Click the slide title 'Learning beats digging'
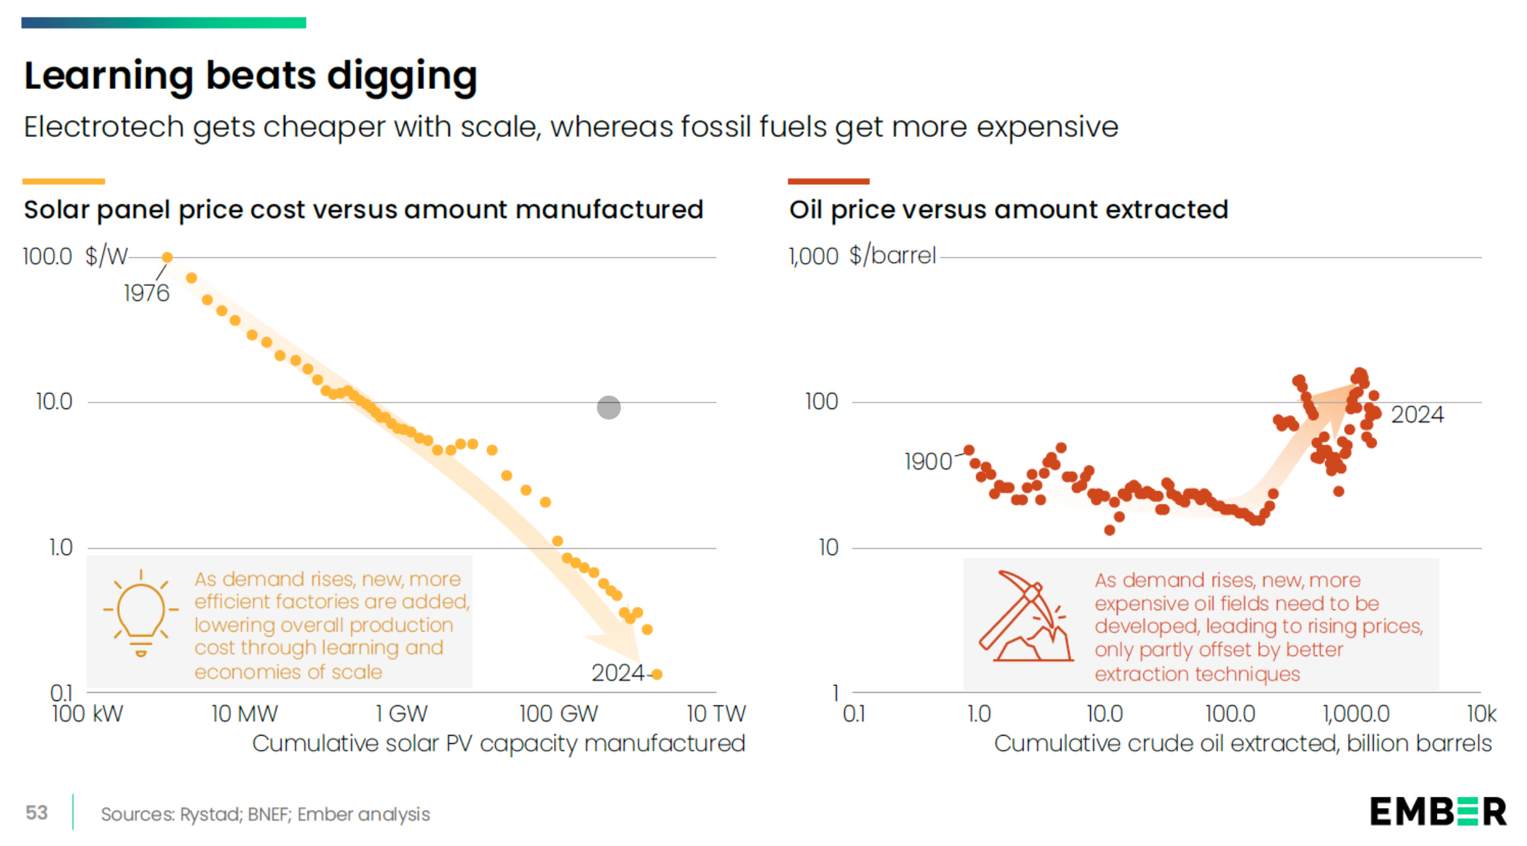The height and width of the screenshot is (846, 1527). click(x=250, y=76)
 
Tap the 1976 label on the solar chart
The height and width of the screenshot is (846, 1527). click(x=146, y=293)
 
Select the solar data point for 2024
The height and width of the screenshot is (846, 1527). click(x=657, y=674)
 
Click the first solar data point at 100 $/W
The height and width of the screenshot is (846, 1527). click(x=167, y=257)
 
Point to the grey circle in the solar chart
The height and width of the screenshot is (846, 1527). click(x=608, y=408)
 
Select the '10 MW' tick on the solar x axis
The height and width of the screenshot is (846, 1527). click(x=244, y=714)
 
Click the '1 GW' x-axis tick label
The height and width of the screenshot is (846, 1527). click(x=401, y=714)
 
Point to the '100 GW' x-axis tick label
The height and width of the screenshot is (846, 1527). click(x=558, y=714)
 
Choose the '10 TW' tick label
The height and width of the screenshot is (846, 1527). click(x=716, y=714)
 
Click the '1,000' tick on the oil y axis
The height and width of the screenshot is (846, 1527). click(x=813, y=257)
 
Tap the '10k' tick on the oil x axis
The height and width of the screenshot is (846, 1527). click(x=1481, y=714)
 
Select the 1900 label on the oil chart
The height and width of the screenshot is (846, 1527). click(x=928, y=462)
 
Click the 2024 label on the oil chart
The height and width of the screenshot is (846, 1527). click(x=1417, y=414)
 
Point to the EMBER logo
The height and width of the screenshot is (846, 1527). click(x=1437, y=812)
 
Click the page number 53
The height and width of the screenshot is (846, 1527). click(x=37, y=813)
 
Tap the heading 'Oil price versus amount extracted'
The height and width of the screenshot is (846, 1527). click(x=1008, y=209)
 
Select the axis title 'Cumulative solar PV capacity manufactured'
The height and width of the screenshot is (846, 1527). click(x=498, y=743)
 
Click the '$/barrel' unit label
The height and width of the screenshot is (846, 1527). click(x=892, y=256)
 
